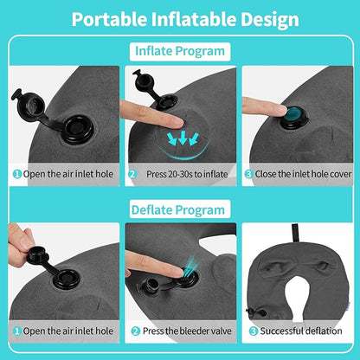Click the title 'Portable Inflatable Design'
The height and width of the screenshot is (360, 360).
pyautogui.click(x=179, y=19)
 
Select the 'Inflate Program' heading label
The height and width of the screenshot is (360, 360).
pyautogui.click(x=180, y=51)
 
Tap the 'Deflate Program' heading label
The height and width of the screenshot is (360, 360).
pyautogui.click(x=180, y=209)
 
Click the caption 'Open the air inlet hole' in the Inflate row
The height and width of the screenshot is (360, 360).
pyautogui.click(x=66, y=173)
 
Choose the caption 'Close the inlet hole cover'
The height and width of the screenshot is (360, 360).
pyautogui.click(x=303, y=173)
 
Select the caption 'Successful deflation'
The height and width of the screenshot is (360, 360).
pyautogui.click(x=299, y=331)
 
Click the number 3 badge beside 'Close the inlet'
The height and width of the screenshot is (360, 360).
pyautogui.click(x=248, y=173)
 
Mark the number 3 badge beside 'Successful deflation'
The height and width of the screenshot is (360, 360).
pyautogui.click(x=252, y=331)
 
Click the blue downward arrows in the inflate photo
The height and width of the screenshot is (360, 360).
pyautogui.click(x=183, y=136)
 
